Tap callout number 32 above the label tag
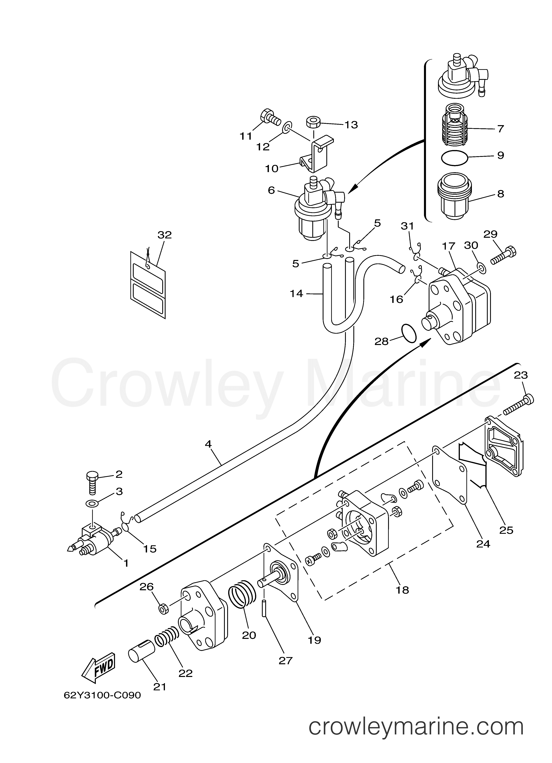point(164,235)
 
